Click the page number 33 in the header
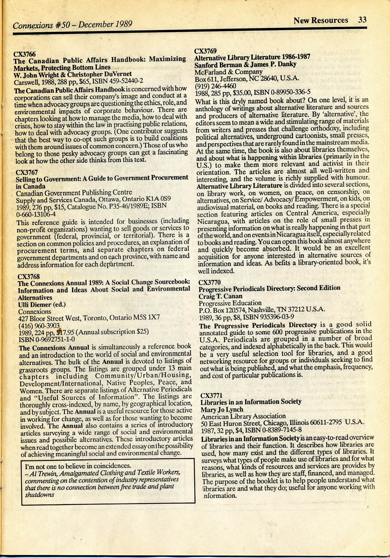[x=362, y=19]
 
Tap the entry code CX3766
[x=25, y=54]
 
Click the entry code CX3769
[x=205, y=51]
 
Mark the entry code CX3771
[x=211, y=395]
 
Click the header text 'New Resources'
[x=321, y=20]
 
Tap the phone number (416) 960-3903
[x=39, y=325]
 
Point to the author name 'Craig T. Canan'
[x=220, y=296]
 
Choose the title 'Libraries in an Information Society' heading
[x=251, y=402]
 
